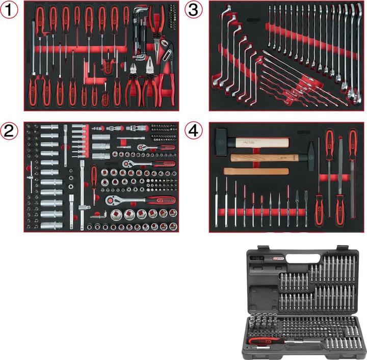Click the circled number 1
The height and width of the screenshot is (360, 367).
coord(9,10)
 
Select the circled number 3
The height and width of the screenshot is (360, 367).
coord(194,10)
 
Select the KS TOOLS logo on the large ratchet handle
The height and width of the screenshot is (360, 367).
coord(162,200)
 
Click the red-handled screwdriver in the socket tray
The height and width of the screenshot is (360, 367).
coord(94,178)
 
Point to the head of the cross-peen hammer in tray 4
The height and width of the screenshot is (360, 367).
coord(310,150)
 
